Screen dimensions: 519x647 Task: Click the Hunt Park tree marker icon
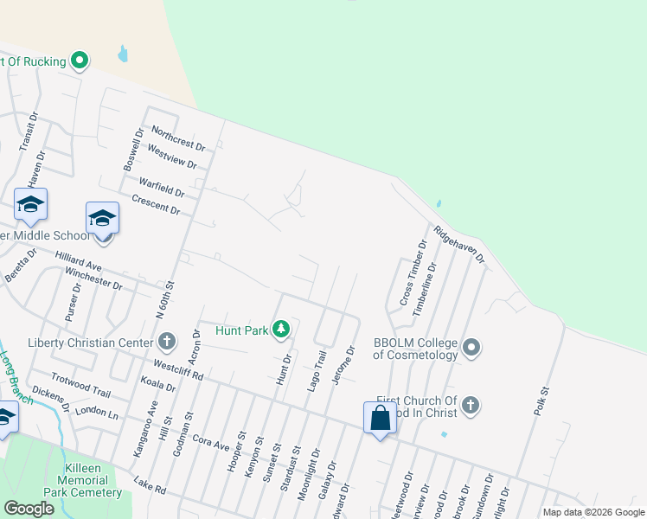281,329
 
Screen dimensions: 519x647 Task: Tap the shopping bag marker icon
380,418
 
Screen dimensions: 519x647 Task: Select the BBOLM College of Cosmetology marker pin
471,348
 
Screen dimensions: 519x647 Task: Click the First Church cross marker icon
470,405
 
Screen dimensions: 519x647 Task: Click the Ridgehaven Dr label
460,245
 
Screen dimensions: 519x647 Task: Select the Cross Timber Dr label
413,272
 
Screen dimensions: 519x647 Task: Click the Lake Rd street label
150,488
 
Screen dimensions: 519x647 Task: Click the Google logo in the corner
29,509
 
